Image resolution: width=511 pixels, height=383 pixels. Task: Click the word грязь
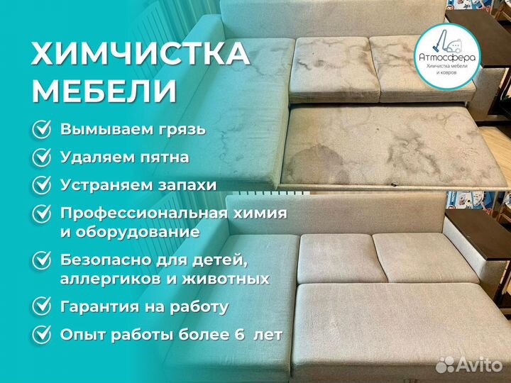point(181,131)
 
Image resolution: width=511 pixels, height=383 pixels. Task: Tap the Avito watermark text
point(479,365)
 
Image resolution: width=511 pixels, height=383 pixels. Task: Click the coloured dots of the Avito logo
point(445,365)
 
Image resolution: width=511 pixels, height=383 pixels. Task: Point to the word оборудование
point(139,231)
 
